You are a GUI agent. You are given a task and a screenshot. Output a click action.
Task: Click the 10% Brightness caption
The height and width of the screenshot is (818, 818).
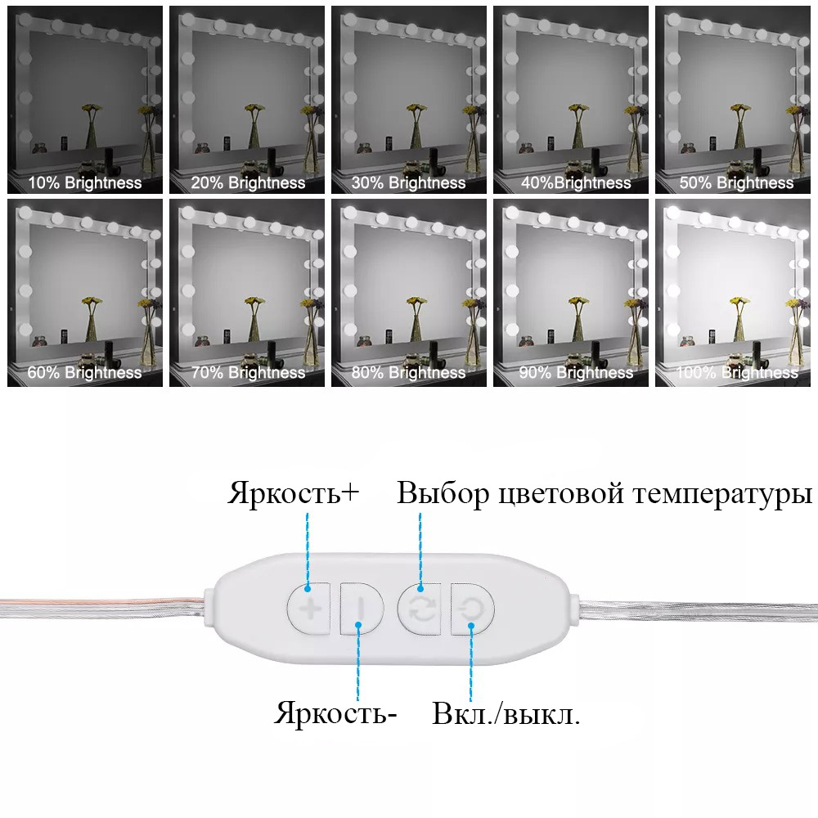pos(85,183)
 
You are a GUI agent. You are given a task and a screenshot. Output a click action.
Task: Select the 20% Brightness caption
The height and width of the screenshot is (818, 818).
pos(248,183)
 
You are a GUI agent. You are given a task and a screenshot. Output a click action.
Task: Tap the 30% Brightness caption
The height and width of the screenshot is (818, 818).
pos(408,183)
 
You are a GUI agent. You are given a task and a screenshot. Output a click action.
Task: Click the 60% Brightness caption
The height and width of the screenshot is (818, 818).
pos(85,373)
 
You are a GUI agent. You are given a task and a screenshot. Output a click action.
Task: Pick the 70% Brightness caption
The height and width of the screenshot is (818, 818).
pos(248,373)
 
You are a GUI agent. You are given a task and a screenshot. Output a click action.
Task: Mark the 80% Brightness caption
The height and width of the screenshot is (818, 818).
pos(408,373)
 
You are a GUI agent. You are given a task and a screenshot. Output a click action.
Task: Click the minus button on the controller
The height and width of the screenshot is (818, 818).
pos(361,608)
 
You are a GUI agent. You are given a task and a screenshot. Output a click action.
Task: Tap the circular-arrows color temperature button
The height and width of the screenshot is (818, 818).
pos(420,608)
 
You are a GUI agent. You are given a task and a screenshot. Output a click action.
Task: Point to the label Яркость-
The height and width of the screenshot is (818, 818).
pos(335,713)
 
